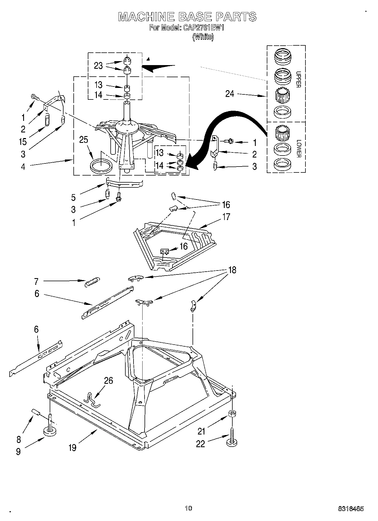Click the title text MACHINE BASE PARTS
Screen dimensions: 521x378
187,17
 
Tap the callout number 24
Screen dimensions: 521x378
230,94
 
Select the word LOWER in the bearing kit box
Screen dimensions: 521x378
299,148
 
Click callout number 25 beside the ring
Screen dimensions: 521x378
84,140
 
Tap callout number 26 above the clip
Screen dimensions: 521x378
108,381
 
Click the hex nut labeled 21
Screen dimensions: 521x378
232,414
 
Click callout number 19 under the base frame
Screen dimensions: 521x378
73,447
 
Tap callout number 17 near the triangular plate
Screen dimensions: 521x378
226,217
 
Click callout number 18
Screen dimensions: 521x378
232,270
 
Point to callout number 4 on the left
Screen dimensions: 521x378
23,167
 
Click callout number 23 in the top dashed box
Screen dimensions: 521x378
98,66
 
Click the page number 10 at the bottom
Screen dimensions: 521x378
188,508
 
